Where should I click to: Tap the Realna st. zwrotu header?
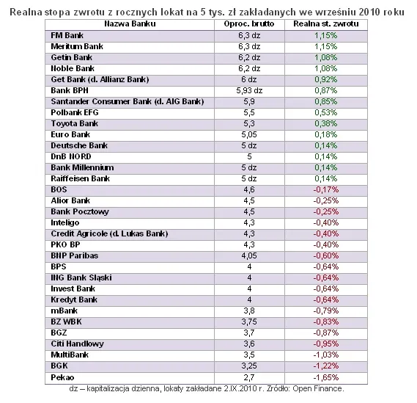click(316, 24)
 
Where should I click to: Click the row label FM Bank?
click(65, 35)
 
